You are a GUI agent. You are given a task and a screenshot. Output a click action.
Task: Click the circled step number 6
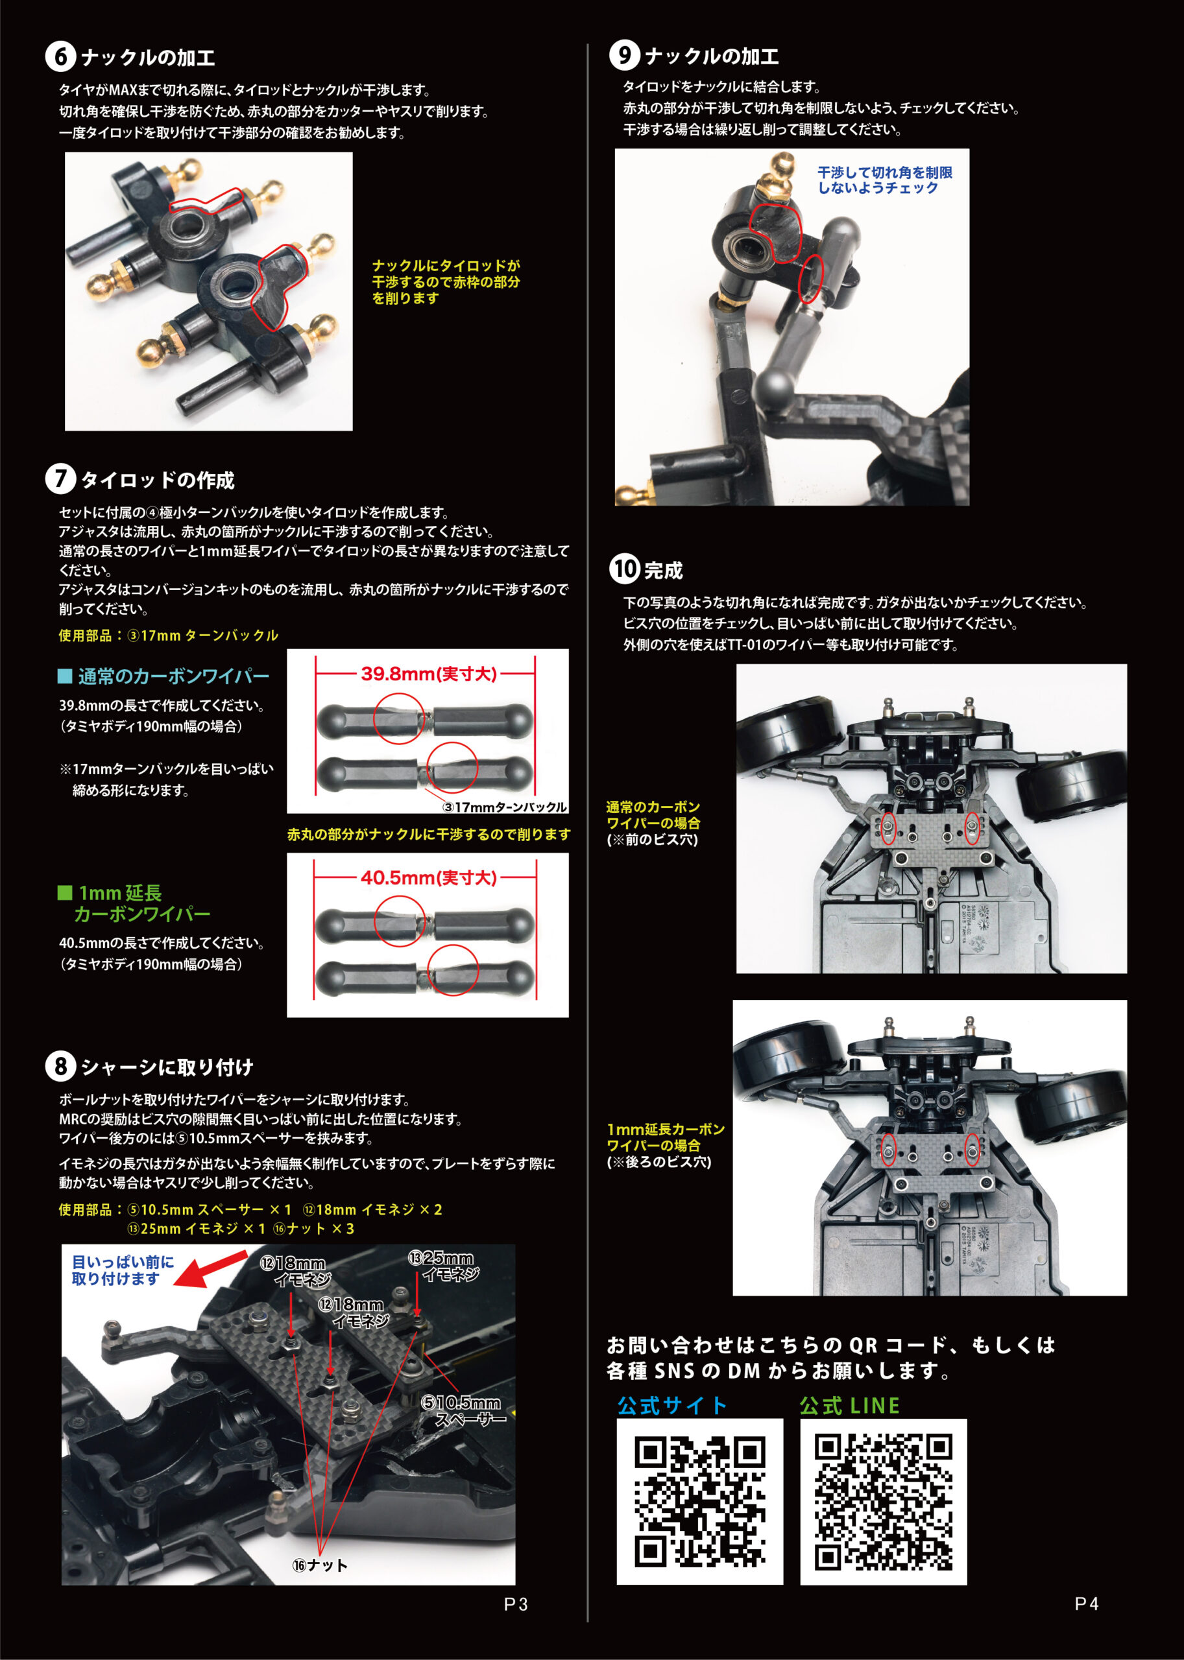[60, 57]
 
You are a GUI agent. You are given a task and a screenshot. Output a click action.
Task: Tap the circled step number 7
[60, 479]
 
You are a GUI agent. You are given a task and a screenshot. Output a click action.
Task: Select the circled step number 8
[60, 1066]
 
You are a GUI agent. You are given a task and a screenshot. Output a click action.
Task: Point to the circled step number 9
[624, 55]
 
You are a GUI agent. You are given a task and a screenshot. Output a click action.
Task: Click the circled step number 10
[624, 569]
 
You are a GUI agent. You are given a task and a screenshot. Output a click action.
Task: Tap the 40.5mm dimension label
[429, 877]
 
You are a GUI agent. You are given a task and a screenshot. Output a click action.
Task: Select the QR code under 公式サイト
[700, 1501]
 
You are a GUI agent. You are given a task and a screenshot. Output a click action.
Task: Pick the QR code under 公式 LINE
[884, 1501]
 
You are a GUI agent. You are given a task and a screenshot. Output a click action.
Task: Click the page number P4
[1086, 1603]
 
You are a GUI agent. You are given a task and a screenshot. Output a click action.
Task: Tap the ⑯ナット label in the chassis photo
[320, 1565]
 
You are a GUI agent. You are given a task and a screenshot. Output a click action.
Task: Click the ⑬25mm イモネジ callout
[443, 1266]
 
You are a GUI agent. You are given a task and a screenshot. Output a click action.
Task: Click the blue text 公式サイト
[672, 1406]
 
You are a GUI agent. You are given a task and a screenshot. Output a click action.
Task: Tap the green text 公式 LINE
[849, 1406]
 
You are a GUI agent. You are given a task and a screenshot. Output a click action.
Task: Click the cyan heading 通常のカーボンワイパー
[164, 676]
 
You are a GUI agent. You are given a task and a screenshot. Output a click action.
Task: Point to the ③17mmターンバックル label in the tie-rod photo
[505, 807]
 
